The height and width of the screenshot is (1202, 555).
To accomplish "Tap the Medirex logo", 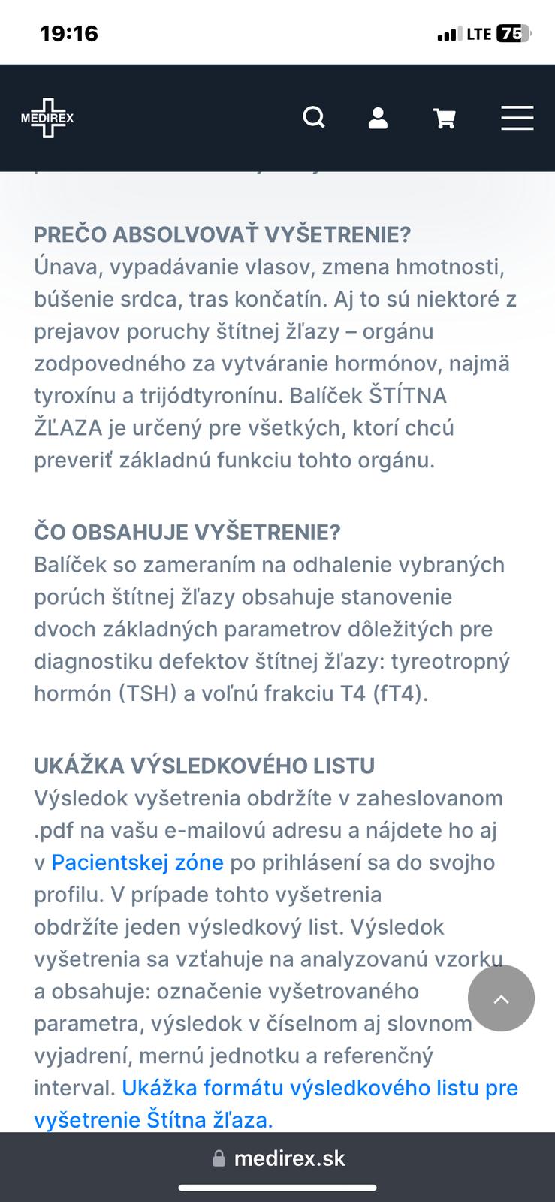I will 47,118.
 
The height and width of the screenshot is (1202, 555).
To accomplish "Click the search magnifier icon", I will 314,118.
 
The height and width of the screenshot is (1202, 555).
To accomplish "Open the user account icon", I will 378,118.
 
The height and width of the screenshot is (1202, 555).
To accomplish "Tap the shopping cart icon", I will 445,119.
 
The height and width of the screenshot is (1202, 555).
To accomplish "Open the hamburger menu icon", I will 517,118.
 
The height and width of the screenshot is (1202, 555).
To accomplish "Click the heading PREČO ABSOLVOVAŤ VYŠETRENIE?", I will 222,234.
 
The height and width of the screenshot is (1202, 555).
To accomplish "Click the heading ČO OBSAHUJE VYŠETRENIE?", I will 187,532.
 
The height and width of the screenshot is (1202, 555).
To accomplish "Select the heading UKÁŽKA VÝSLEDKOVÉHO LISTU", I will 204,766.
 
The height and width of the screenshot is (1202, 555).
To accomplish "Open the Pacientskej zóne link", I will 137,862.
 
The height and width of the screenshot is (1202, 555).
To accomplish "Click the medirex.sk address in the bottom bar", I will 289,1158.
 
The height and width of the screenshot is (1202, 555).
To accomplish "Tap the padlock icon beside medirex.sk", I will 219,1158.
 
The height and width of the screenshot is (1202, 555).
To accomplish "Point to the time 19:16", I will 69,34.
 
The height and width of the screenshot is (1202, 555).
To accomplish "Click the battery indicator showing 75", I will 513,34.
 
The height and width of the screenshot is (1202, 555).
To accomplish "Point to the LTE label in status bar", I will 478,34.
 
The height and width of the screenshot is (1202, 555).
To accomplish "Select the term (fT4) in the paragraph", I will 400,693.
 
